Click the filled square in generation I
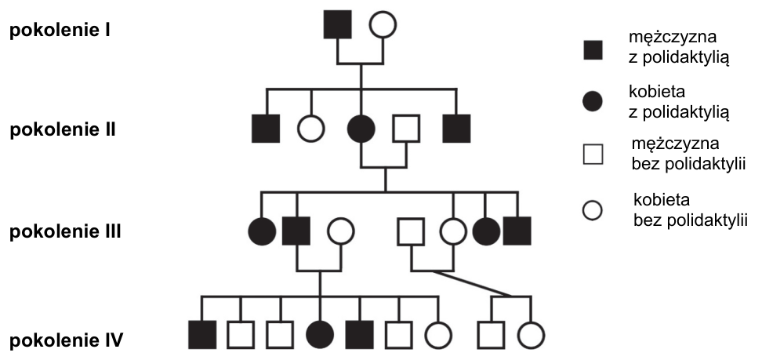pos(338,24)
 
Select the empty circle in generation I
pos(383,24)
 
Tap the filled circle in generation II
pos(361,129)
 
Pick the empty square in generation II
pos(406,129)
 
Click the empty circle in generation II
pos(311,129)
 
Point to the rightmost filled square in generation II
pos(457,129)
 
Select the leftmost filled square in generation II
pos(266,129)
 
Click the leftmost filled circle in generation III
pos(262,231)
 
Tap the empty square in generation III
pos(411,231)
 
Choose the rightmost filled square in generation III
pos(517,231)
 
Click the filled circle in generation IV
pos(321,335)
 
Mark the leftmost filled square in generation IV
pos(202,335)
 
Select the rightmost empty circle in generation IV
pos(532,335)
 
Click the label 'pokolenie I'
pos(60,31)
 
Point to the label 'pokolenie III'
pos(65,231)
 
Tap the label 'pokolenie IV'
pos(66,340)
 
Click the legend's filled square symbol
pos(593,49)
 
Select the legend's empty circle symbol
pos(593,211)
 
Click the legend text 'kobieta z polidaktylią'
pos(679,102)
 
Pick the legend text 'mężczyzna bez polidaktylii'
pos(688,154)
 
